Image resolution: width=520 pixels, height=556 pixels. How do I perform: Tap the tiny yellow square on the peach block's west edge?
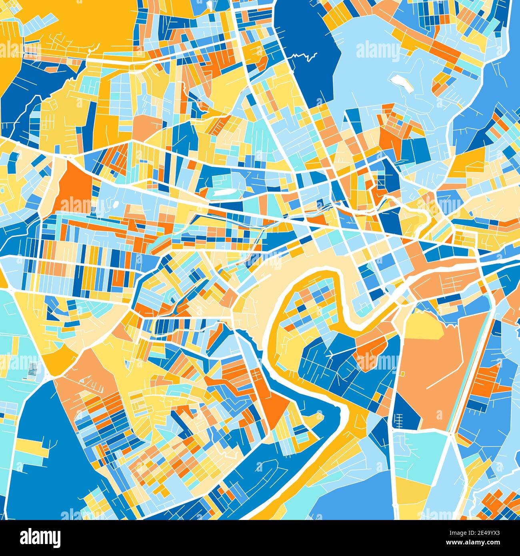[x=402, y=374]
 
